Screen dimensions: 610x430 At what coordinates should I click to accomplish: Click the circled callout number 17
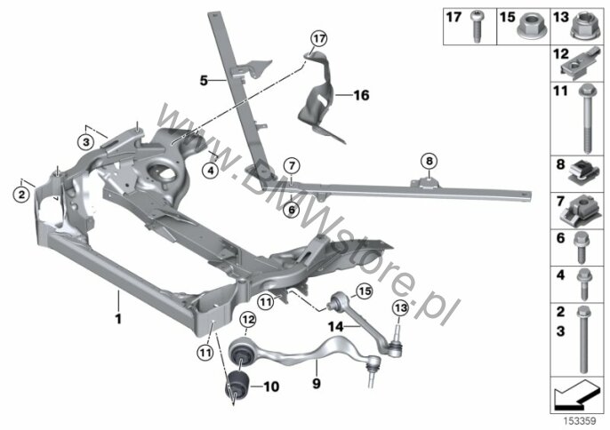click(318, 39)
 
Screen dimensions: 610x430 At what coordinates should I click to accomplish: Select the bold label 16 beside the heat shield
click(361, 95)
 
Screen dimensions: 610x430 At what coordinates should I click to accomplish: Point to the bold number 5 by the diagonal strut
click(204, 81)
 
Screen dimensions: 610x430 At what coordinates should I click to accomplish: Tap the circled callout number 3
click(86, 142)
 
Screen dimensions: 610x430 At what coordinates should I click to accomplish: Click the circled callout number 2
click(21, 194)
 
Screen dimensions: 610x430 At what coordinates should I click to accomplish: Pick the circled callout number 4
click(211, 171)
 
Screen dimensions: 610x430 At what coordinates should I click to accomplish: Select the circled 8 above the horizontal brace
click(429, 161)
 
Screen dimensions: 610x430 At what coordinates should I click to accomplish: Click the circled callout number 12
click(248, 320)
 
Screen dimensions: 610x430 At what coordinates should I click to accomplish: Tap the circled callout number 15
click(365, 291)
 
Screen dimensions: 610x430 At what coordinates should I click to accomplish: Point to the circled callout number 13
click(400, 308)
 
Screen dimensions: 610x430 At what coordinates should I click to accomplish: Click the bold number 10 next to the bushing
click(271, 386)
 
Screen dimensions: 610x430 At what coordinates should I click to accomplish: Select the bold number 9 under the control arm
click(317, 384)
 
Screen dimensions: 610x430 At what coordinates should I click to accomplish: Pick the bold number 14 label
click(336, 327)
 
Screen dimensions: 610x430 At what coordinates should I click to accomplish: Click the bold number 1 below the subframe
click(118, 319)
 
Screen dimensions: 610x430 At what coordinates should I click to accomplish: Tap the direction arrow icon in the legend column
click(576, 395)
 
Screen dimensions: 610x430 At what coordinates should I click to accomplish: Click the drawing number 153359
click(581, 421)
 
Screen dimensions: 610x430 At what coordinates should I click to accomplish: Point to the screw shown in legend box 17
click(477, 27)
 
